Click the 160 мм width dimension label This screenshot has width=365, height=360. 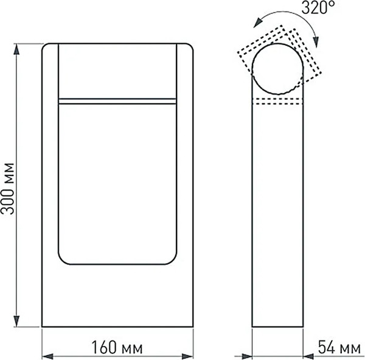pyautogui.click(x=117, y=348)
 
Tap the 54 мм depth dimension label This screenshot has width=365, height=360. pyautogui.click(x=338, y=348)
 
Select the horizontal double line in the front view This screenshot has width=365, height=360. pyautogui.click(x=118, y=101)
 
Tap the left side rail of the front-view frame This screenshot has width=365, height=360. pyautogui.click(x=49, y=183)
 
